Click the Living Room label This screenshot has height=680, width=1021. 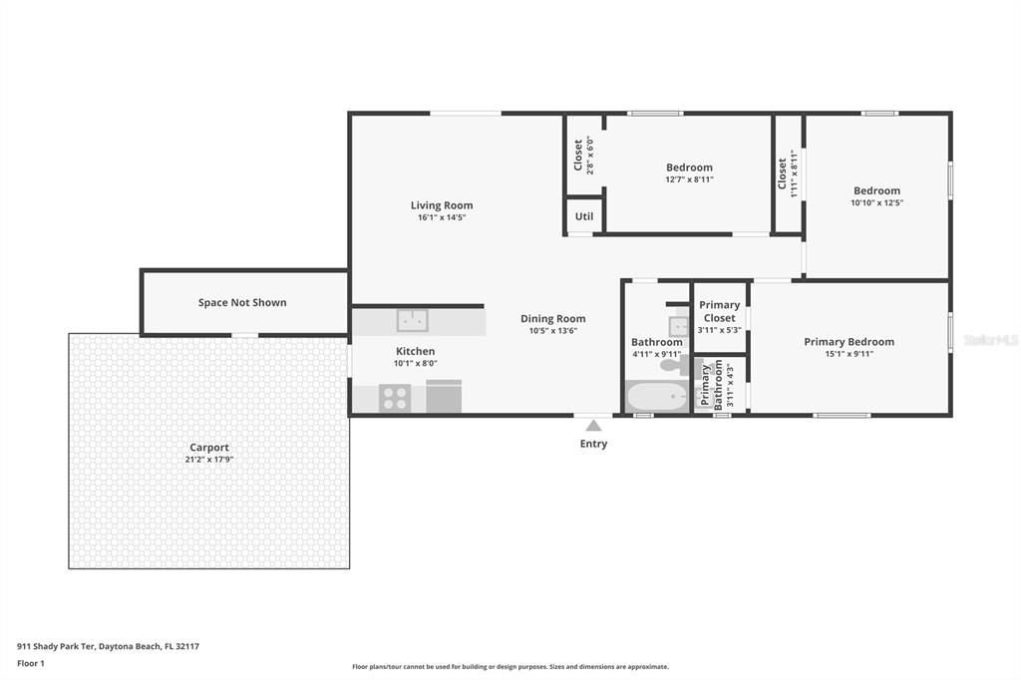pos(442,205)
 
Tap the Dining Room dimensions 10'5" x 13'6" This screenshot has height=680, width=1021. pos(552,331)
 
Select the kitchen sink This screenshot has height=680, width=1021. pos(413,321)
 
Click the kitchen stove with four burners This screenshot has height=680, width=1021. pos(395,398)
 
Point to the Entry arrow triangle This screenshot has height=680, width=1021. pos(593,426)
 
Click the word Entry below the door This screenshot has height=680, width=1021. pos(593,444)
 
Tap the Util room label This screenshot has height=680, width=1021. pos(584,216)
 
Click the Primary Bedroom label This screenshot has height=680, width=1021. pos(849,342)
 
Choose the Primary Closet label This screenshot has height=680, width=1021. pos(719,311)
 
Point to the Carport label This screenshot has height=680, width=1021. pos(209,448)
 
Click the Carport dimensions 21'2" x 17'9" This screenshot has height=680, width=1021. pos(209,460)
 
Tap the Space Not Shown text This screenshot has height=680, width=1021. pos(242,302)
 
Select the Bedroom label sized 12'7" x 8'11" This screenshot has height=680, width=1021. pos(689,168)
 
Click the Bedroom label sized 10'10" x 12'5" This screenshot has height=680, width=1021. pos(876,190)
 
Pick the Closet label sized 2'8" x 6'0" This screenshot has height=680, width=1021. pos(578,155)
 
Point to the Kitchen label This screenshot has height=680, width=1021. pos(416,351)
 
